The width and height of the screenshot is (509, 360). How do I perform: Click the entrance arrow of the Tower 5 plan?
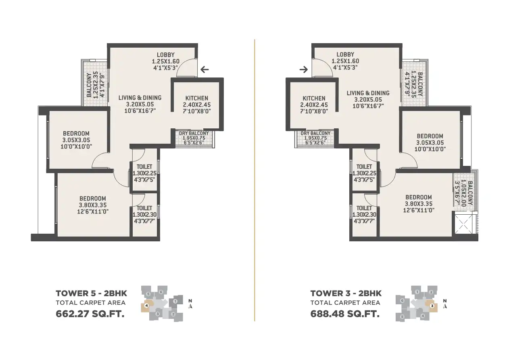[205, 69]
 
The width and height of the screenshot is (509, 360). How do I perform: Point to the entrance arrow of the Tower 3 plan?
[304, 69]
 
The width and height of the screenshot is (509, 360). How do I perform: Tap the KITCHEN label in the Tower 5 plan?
[197, 98]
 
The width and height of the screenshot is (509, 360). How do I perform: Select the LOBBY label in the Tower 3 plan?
[345, 54]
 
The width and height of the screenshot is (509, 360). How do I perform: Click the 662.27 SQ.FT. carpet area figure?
[90, 314]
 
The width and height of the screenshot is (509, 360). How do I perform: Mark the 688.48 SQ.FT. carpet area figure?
[345, 314]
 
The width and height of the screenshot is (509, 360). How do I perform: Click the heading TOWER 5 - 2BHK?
[91, 293]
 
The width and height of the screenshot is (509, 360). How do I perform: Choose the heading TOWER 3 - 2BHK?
[346, 293]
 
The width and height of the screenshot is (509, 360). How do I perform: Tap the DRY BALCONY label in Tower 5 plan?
[194, 133]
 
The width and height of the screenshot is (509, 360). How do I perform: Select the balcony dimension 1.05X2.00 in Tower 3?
[464, 194]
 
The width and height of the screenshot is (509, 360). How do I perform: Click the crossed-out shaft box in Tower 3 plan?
[463, 224]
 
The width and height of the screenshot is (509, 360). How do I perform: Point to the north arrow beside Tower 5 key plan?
[190, 304]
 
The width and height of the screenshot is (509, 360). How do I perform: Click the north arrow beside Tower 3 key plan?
[445, 304]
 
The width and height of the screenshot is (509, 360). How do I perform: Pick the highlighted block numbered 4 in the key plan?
[146, 306]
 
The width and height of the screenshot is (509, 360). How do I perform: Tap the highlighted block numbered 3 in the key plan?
[432, 306]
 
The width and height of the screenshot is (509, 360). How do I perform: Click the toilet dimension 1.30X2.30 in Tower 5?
[144, 214]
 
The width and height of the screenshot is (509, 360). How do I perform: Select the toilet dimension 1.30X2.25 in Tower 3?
[364, 173]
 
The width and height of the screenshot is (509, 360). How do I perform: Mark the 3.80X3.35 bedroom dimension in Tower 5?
[93, 205]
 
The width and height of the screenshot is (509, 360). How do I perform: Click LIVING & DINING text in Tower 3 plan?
[368, 93]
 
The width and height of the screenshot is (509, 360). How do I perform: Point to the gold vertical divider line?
[255, 180]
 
